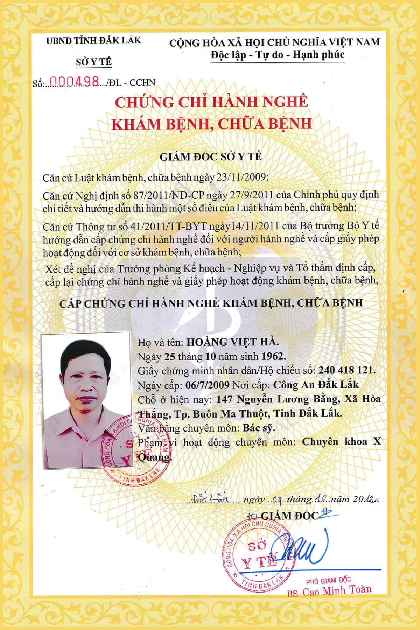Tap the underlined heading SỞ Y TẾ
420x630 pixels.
click(x=94, y=62)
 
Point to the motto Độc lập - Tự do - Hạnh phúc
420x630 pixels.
click(x=277, y=55)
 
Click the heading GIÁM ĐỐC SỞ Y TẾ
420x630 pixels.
click(x=211, y=156)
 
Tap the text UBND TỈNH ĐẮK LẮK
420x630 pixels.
click(x=94, y=40)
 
